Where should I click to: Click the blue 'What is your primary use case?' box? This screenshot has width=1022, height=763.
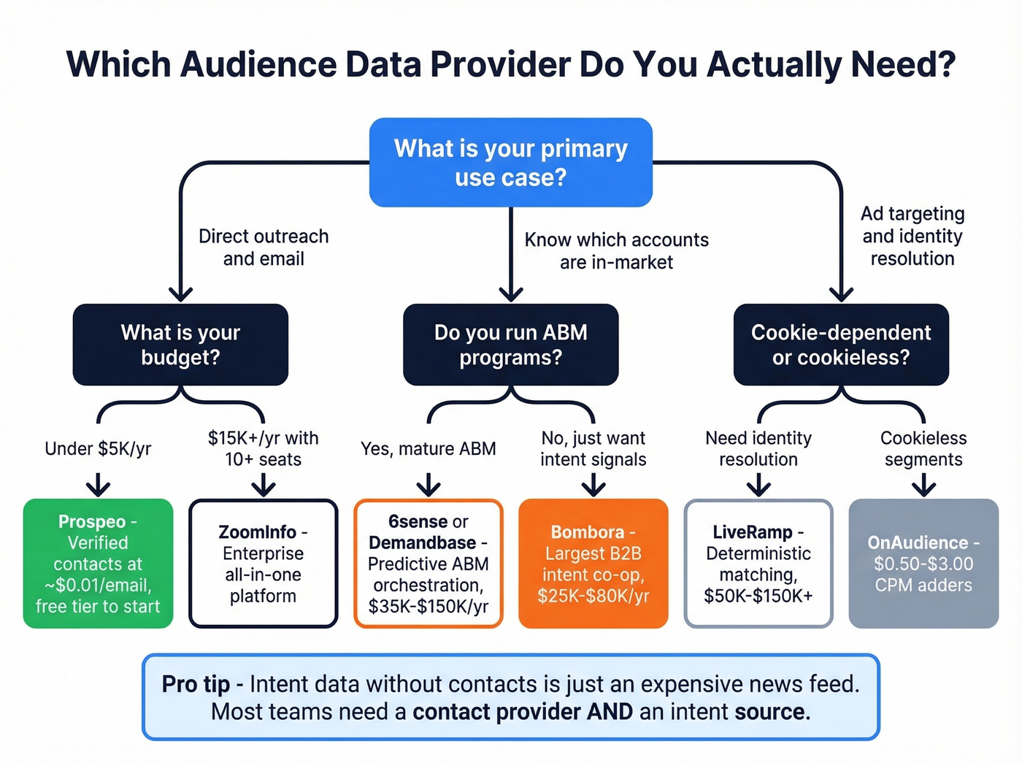point(510,162)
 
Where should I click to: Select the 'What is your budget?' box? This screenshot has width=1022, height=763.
point(180,345)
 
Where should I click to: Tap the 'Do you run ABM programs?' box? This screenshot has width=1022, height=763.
point(510,345)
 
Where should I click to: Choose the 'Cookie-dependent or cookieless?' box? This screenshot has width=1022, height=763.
point(841,345)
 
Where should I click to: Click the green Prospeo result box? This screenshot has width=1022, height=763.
point(98,563)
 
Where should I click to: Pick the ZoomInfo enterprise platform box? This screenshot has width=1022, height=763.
point(263,563)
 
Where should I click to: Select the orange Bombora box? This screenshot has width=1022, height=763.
point(593,563)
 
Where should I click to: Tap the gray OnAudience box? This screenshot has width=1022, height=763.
point(923,563)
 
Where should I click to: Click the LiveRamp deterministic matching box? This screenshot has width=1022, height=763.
point(758,563)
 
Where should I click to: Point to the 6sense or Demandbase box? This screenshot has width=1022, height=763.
point(429,563)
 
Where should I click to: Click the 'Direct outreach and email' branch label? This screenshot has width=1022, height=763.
point(264,248)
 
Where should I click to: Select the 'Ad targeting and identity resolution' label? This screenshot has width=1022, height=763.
point(912,236)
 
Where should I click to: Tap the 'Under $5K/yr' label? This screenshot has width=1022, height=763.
point(98,448)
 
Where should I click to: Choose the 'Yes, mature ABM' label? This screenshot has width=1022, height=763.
point(429,448)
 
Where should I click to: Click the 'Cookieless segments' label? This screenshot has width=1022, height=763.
point(923,448)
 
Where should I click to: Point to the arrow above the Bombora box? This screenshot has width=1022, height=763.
point(593,485)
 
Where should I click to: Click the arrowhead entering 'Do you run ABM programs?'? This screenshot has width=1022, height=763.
point(511,294)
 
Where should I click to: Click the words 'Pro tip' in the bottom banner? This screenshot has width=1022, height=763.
point(196,684)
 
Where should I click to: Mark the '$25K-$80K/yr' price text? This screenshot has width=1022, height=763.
point(593,596)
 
